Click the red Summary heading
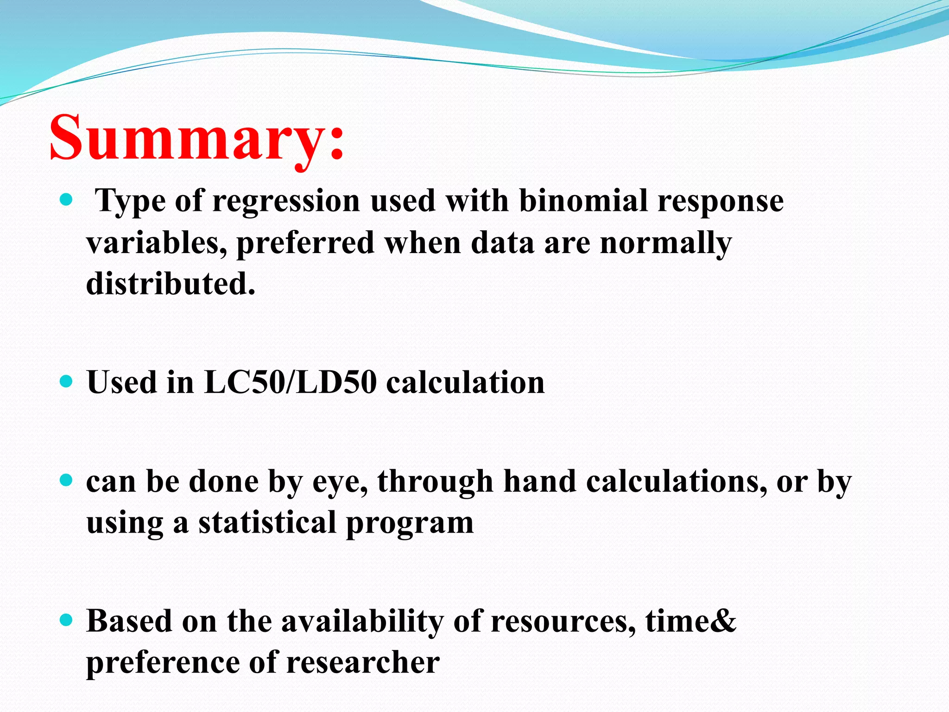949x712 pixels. (x=197, y=138)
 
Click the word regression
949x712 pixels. (x=286, y=202)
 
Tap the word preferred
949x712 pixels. (x=305, y=243)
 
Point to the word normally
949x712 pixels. (x=665, y=243)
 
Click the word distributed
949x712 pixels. (x=171, y=284)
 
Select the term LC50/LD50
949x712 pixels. (x=290, y=382)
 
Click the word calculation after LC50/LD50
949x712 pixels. (x=465, y=382)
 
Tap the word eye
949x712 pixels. (x=340, y=482)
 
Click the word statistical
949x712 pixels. (x=267, y=522)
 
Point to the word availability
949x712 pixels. (x=362, y=621)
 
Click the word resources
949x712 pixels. (x=563, y=622)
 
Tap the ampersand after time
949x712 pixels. (x=722, y=621)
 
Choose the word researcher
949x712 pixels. (x=363, y=662)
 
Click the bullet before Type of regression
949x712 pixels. (x=67, y=200)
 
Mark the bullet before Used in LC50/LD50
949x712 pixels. (x=67, y=381)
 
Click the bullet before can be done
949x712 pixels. (x=67, y=480)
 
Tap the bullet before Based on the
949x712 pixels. (x=67, y=620)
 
